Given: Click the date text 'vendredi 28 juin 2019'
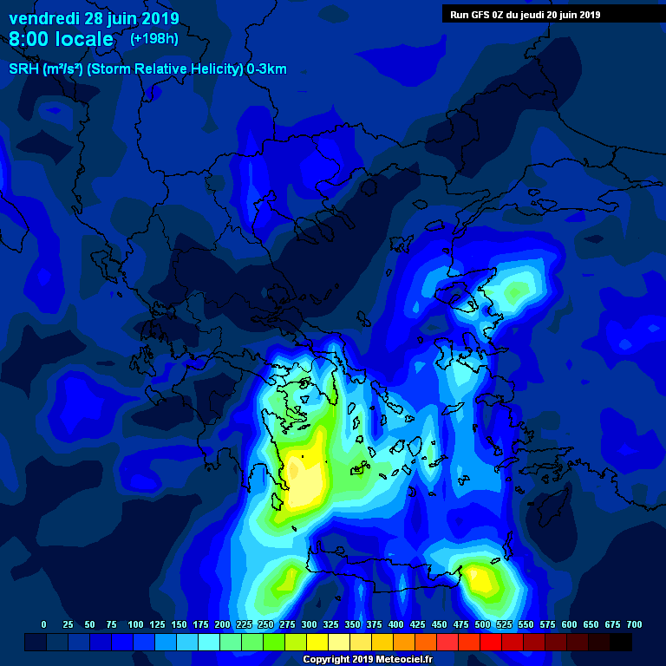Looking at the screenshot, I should click(94, 18).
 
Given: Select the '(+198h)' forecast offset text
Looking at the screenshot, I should click(154, 39).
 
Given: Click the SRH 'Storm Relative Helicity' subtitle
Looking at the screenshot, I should click(147, 69).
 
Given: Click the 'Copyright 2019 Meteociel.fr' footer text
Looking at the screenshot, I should click(368, 659).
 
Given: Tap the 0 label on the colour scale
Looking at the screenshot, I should click(44, 624).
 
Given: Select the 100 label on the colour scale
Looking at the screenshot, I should click(135, 624).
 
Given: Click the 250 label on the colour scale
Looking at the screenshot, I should click(265, 624).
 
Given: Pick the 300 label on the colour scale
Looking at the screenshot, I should click(309, 624).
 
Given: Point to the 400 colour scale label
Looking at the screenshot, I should click(395, 624).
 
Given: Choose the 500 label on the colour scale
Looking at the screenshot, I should click(482, 624).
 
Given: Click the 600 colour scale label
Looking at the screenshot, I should click(569, 624).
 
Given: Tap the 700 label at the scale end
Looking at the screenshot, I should click(634, 624).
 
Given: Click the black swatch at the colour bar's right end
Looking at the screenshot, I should click(621, 642).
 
